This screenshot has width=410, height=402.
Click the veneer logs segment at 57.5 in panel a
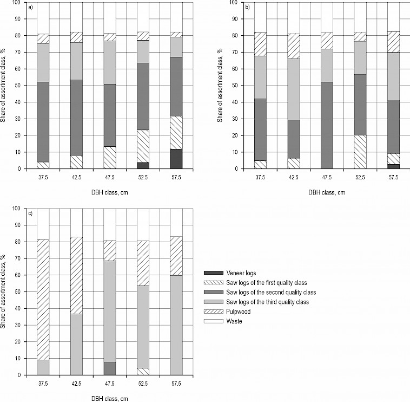176,159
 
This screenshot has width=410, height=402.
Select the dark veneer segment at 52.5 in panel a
143,165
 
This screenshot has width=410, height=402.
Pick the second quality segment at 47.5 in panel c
110,368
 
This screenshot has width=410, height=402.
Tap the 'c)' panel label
31,213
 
